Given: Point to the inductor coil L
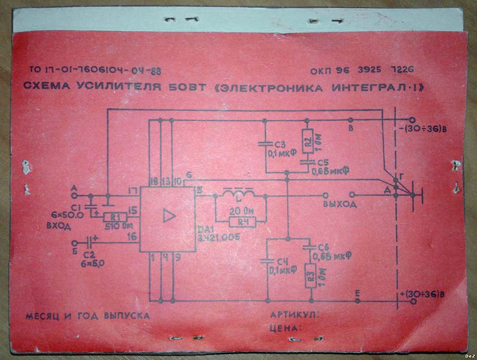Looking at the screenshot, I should [x=239, y=194].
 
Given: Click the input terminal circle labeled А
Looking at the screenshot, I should [x=74, y=195].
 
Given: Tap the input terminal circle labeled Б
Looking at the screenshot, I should [x=74, y=243].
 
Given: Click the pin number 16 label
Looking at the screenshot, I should [x=132, y=237].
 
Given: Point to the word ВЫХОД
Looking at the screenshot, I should [x=340, y=204].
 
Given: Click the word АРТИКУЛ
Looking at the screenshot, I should [x=295, y=315].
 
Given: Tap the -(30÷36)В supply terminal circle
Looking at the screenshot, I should [x=412, y=120].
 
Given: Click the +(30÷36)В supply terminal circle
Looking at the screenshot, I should [x=412, y=301].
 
